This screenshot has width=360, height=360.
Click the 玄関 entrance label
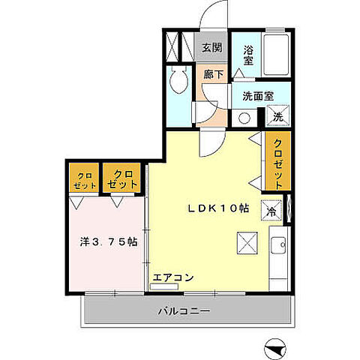pyautogui.click(x=212, y=47)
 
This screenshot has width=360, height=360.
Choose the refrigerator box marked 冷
pyautogui.click(x=271, y=210)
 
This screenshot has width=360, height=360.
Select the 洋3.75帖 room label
pyautogui.click(x=109, y=242)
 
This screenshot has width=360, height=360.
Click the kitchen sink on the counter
pyautogui.click(x=277, y=245)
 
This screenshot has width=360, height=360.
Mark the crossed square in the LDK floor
pyautogui.click(x=246, y=242)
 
